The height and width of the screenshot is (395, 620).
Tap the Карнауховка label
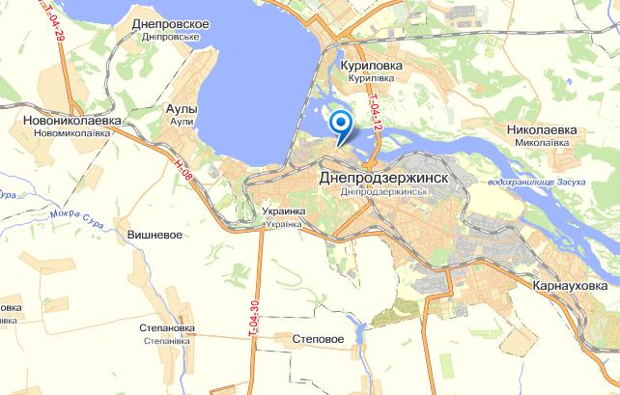click(x=573, y=286)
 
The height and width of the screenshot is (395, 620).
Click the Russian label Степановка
click(x=164, y=328)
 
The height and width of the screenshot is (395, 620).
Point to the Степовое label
click(x=318, y=339)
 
